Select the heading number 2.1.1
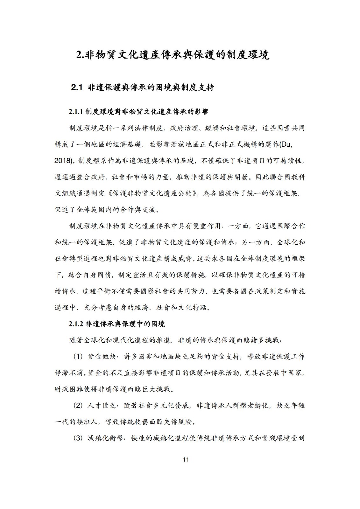point(76,112)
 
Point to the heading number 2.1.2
point(76,324)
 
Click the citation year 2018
point(62,161)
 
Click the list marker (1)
point(78,357)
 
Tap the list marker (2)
point(78,406)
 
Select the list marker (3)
point(78,439)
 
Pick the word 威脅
point(186,259)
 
